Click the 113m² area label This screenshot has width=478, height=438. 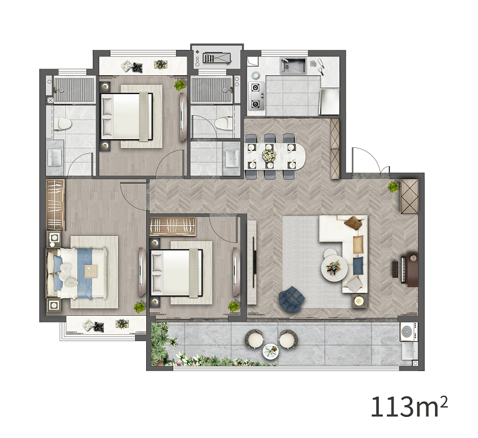click(409, 407)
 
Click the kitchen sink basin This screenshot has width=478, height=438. click(293, 66)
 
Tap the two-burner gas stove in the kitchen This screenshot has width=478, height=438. click(255, 96)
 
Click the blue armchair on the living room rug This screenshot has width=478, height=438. click(291, 299)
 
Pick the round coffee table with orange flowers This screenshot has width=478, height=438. click(334, 268)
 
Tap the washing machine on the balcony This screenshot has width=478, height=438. click(409, 332)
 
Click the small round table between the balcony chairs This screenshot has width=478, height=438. click(271, 351)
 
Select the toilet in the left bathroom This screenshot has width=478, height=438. click(63, 124)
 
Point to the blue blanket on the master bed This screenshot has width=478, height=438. click(85, 273)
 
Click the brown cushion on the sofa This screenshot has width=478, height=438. click(354, 223)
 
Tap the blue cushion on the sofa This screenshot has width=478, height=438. click(358, 265)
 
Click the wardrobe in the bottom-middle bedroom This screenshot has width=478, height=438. click(173, 227)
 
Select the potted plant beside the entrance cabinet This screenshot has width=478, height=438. click(393, 186)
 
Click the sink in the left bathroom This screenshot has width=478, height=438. click(55, 157)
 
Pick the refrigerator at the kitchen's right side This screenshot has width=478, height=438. click(329, 102)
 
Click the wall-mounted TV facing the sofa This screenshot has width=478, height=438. click(254, 262)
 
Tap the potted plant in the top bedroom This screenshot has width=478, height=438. click(180, 85)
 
